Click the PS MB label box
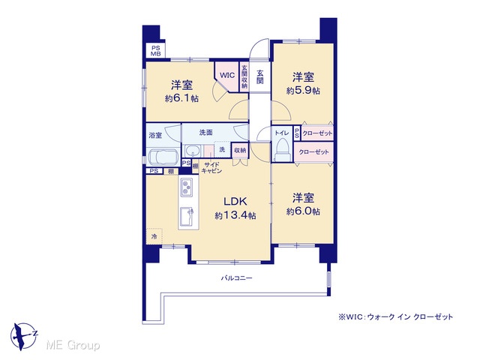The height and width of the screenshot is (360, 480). [x=155, y=51]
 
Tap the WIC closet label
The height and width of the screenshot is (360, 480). [x=227, y=75]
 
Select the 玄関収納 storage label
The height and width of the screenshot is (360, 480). [x=244, y=76]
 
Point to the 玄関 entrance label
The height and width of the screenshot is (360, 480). [x=260, y=76]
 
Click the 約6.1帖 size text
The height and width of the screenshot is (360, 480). [x=181, y=98]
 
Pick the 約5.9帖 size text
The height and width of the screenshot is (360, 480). [x=303, y=91]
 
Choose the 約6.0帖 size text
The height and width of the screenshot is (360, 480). [x=303, y=211]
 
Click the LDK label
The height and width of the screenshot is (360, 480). [x=235, y=201]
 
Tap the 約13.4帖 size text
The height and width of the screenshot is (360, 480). [x=235, y=215]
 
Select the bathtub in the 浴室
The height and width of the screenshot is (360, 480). [x=163, y=157]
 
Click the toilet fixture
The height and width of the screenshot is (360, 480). [x=282, y=149]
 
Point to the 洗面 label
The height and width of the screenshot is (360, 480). [x=206, y=133]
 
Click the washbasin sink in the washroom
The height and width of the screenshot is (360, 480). [x=193, y=151]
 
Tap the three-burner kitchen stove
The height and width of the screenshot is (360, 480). [x=186, y=187]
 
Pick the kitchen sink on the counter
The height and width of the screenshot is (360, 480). [x=186, y=216]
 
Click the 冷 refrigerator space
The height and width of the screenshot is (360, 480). [x=154, y=236]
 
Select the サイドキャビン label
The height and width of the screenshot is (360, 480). [x=211, y=168]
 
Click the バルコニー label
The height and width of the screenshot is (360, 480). [x=237, y=278]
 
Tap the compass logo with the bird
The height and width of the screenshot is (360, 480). [x=23, y=336]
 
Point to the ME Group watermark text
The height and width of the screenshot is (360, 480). [x=73, y=345]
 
